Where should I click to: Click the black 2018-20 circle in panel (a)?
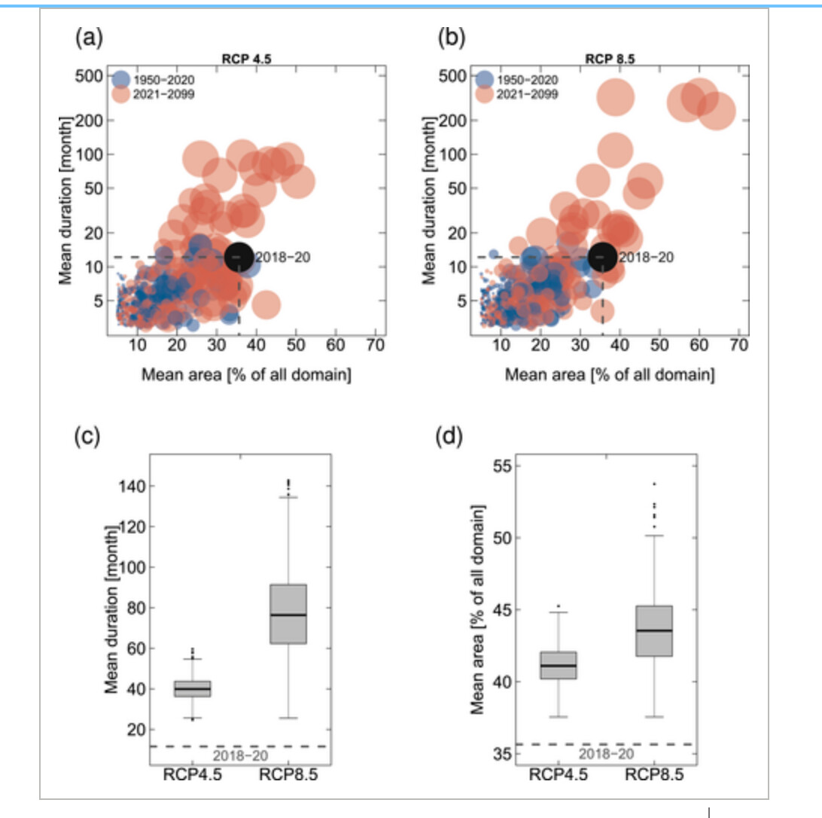(239, 257)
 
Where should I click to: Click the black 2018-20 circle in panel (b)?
(603, 257)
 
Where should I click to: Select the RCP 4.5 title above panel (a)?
(246, 59)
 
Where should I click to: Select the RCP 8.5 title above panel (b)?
(610, 59)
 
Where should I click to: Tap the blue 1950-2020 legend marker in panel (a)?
(121, 80)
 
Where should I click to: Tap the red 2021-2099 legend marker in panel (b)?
(485, 94)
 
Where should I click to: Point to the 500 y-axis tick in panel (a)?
(89, 76)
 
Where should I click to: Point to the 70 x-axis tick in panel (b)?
(739, 345)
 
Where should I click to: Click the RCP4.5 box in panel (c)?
(193, 688)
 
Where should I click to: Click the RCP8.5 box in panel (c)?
(288, 614)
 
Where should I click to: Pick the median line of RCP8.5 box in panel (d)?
(654, 630)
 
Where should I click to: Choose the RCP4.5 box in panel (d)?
(559, 665)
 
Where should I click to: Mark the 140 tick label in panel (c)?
(132, 487)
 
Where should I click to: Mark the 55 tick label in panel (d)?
(502, 466)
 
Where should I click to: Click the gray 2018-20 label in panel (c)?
(240, 755)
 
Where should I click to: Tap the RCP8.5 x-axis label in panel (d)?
(654, 774)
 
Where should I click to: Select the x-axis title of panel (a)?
(246, 374)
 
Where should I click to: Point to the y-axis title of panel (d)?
(477, 609)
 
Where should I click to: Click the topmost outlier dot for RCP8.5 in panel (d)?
(654, 484)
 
